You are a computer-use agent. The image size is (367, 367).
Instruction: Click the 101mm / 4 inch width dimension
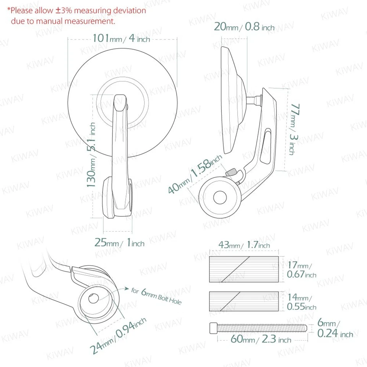click(x=121, y=39)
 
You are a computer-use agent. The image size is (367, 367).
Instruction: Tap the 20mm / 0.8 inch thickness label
click(x=244, y=27)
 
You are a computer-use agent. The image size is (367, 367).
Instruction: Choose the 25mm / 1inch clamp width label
click(x=119, y=242)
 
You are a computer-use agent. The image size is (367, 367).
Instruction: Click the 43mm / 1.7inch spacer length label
click(x=244, y=245)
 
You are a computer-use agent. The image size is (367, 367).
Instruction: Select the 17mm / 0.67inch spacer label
click(x=301, y=270)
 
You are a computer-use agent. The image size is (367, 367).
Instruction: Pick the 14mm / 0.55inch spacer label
click(x=301, y=302)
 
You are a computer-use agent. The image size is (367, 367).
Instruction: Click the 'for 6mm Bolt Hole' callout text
click(x=156, y=296)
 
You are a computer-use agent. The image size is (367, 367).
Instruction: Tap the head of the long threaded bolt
click(x=213, y=328)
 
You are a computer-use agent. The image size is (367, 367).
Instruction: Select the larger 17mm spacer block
click(x=244, y=270)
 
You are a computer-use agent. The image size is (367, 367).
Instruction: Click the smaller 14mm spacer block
click(x=244, y=301)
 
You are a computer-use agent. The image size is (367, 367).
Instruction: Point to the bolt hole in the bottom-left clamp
click(x=94, y=299)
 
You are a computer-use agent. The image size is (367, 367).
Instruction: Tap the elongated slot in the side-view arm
click(x=266, y=146)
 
